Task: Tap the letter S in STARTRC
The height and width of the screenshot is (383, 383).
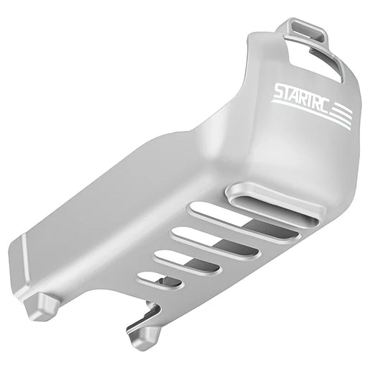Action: pos(278,91)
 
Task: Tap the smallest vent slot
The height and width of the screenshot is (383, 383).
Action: pos(152,275)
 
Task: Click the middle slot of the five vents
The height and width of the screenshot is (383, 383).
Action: pos(209,239)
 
